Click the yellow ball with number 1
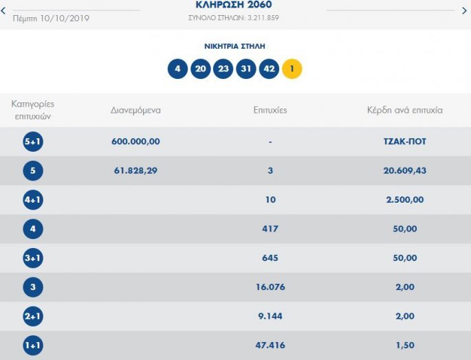point(292,69)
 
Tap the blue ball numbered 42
point(269,69)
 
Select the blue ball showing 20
point(200,69)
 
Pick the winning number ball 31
point(246,69)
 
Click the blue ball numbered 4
point(177,69)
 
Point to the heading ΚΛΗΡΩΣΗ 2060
point(233,5)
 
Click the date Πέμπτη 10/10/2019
point(51,18)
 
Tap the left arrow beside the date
point(3,11)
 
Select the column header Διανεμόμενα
point(135,110)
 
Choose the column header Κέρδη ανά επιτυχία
point(405,110)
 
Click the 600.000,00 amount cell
point(135,142)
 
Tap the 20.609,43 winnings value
point(405,170)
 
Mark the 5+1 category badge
point(33,142)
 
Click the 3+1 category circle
point(33,258)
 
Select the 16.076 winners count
point(270,287)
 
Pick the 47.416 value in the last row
point(270,346)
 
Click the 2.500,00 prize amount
point(405,200)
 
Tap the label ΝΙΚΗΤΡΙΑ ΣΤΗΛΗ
point(234,46)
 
